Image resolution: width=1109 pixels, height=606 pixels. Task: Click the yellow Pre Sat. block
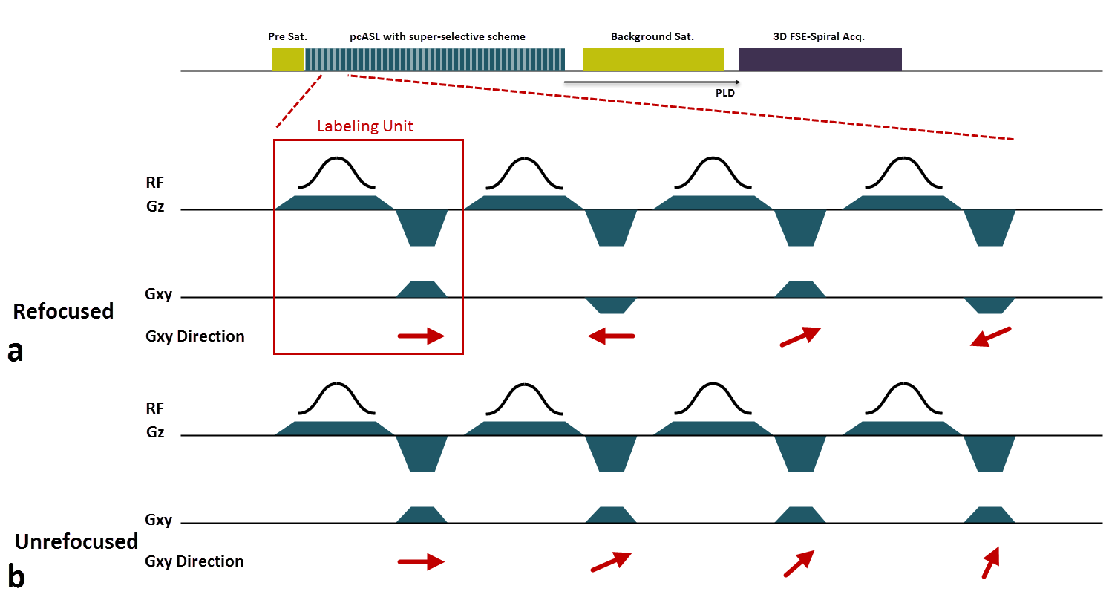point(288,59)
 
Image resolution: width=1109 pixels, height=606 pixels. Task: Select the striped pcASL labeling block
point(435,59)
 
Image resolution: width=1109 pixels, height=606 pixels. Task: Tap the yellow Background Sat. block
point(652,59)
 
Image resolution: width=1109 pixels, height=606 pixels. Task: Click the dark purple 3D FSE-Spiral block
point(820,59)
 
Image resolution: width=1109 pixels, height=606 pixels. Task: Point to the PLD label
point(724,93)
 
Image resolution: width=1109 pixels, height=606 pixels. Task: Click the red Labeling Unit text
point(364,126)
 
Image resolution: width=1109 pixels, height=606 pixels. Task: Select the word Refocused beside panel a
point(63,311)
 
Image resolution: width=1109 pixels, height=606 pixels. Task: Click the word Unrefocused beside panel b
point(76,541)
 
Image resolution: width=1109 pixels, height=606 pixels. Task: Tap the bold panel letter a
point(16,351)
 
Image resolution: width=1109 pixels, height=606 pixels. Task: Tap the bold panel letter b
point(16,576)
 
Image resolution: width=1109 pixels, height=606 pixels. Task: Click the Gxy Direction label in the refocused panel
point(194,336)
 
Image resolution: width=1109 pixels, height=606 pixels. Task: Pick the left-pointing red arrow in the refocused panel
point(611,336)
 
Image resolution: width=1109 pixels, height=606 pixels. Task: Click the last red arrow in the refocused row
point(990,337)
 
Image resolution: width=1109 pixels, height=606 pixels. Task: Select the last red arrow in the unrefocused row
point(990,562)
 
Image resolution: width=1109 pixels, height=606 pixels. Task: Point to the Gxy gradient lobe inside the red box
point(422,289)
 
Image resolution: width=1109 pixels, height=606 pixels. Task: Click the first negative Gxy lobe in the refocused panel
point(611,305)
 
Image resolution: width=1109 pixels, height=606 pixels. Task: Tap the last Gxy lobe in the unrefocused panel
point(989,515)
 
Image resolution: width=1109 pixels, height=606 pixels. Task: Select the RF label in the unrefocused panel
point(154,408)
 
